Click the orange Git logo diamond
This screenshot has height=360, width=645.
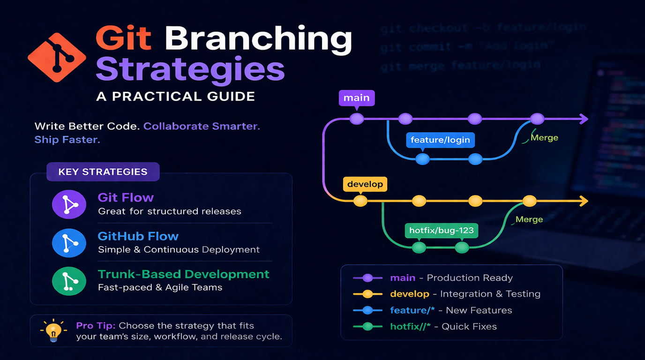pos(57,58)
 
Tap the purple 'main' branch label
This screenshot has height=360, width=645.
pos(357,98)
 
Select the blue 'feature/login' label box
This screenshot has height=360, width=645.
pos(440,140)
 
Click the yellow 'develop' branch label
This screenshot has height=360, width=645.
pos(365,184)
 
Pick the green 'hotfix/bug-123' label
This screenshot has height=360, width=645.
pos(441,230)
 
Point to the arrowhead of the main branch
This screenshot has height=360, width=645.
pos(584,119)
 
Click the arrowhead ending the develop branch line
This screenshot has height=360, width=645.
pos(584,202)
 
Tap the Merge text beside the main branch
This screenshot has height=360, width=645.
pos(544,138)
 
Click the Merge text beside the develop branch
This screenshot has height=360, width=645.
pos(529,219)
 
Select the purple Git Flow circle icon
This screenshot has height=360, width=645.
pos(69,204)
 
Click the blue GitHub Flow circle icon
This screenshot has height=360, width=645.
pos(69,243)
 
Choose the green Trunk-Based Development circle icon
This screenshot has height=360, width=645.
pos(69,281)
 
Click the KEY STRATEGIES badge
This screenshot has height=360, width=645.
pos(103,172)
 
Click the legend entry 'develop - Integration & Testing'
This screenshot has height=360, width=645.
pos(465,294)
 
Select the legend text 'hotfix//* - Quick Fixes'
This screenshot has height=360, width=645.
pos(443,326)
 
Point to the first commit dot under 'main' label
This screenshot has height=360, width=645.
pos(357,119)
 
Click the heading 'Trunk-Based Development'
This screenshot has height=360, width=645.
pos(183,274)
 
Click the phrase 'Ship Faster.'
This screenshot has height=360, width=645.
pos(67,140)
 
